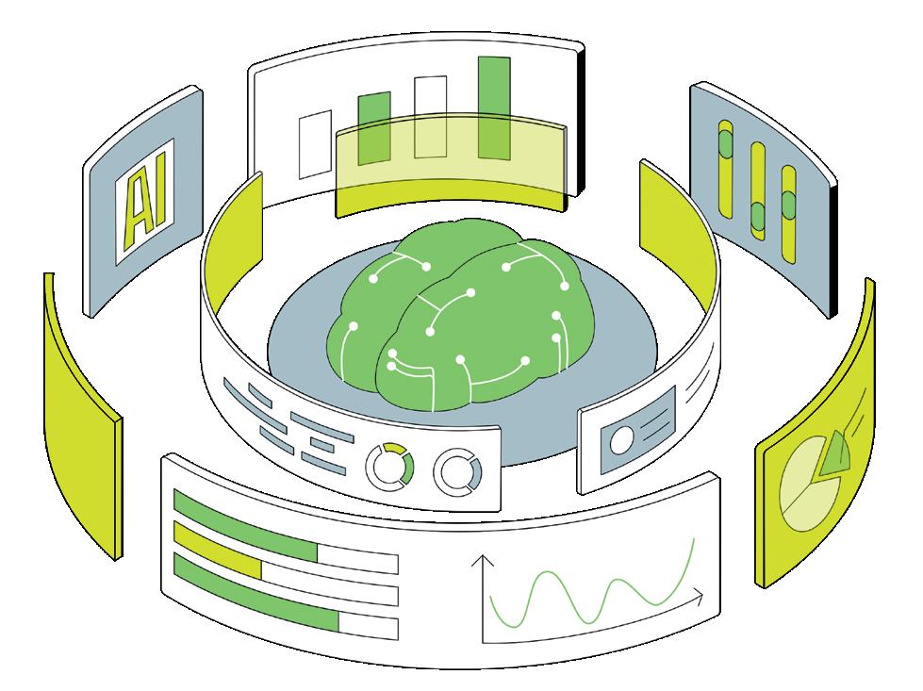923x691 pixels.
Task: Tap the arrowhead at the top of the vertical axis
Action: point(484,562)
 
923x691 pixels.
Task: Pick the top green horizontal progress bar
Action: point(245,534)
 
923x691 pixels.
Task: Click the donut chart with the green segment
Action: point(389,465)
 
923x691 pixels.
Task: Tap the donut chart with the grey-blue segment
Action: point(457,470)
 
